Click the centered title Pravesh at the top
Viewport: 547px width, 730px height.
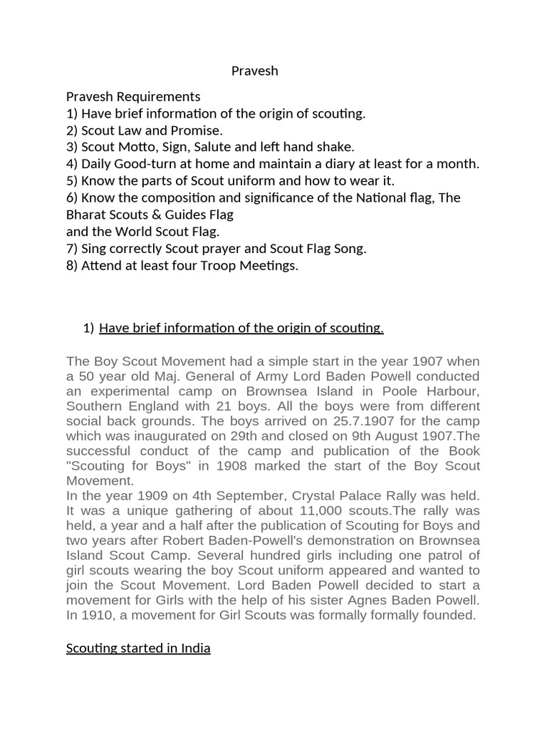pos(254,71)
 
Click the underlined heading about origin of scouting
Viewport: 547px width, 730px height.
pos(241,328)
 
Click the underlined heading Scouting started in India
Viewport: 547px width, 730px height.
pos(138,649)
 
